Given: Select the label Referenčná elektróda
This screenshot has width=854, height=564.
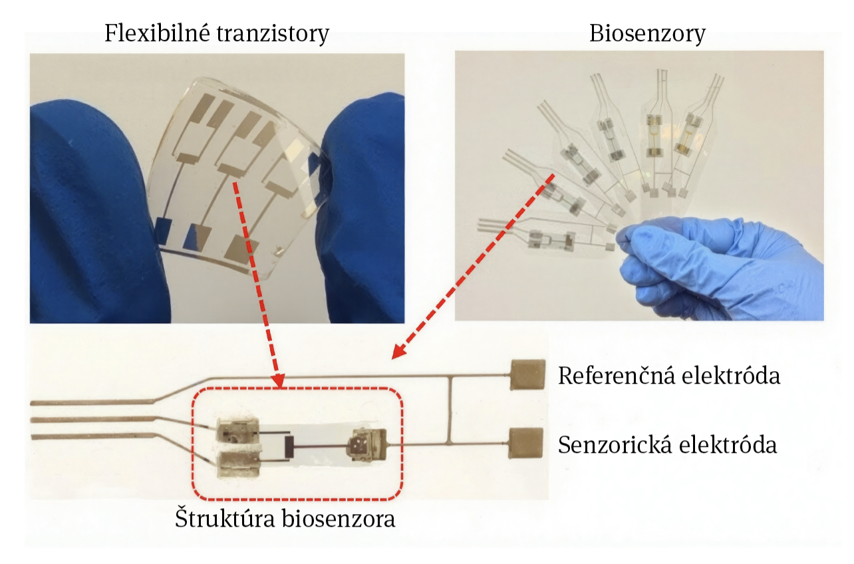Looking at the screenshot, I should pyautogui.click(x=668, y=376).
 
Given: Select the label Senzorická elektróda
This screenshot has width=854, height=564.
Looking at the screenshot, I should pyautogui.click(x=667, y=444).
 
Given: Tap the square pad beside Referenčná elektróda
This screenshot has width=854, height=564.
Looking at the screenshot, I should pyautogui.click(x=528, y=374).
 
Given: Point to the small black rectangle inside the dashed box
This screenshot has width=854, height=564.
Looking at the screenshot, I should pyautogui.click(x=289, y=446).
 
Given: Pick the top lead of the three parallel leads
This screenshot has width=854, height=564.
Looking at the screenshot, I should pyautogui.click(x=93, y=402).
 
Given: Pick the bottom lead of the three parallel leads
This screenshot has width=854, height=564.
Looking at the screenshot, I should pyautogui.click(x=93, y=437).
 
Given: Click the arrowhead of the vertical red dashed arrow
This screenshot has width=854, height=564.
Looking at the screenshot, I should pyautogui.click(x=278, y=381).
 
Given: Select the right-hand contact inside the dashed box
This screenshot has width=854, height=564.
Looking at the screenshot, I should pyautogui.click(x=366, y=444).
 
